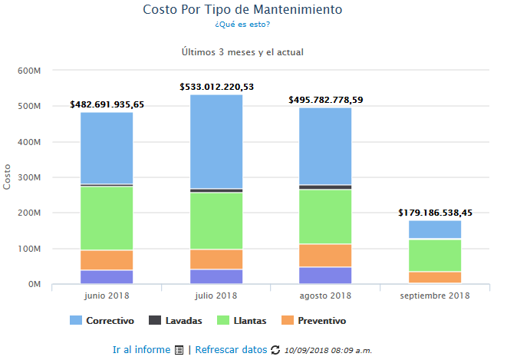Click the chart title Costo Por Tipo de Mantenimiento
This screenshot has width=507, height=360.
pos(242,10)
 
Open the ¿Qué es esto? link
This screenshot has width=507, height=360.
pos(242,25)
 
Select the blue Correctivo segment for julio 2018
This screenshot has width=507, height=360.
pos(216,141)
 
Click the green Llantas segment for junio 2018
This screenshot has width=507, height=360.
pos(107,218)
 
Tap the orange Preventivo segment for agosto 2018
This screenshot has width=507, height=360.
pos(325,255)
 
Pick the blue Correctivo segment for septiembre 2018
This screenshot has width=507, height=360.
pos(435,230)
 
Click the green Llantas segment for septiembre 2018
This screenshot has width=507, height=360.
pos(435,256)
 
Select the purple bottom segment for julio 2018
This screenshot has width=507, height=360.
pos(216,276)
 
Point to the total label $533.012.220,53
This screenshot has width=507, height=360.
pos(216,87)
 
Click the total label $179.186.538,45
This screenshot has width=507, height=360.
pos(435,213)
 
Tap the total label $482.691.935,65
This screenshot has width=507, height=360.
pos(107,104)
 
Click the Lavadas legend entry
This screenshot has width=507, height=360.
pos(177,320)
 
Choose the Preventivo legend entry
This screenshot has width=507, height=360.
pos(314,320)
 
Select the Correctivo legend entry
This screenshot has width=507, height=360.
pos(102,320)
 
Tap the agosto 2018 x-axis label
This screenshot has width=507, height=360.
pos(325,296)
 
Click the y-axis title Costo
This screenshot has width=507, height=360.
pos(8,177)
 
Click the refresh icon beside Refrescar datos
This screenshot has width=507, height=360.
pos(275,350)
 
